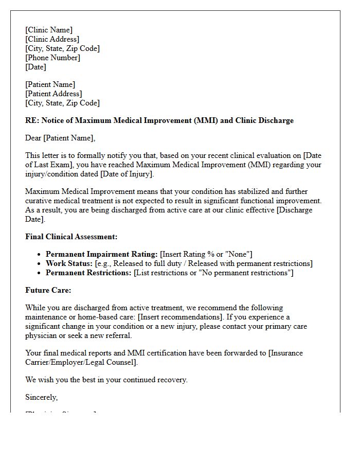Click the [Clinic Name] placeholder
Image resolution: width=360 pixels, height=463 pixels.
point(49,30)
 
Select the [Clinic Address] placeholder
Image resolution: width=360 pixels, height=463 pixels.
point(52,39)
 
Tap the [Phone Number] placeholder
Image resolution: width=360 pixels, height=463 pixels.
point(52,58)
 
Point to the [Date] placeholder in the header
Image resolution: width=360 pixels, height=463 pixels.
point(35,67)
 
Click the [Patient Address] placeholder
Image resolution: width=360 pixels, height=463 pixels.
point(53,94)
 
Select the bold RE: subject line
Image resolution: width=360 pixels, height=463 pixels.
point(159,120)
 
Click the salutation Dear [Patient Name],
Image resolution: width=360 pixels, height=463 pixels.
point(60,138)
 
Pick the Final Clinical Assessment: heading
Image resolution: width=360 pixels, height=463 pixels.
point(71,237)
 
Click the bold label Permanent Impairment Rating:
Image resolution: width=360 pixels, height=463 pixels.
point(102,254)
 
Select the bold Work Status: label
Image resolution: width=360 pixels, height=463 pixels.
point(69,263)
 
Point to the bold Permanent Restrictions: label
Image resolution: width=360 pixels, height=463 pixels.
point(88,273)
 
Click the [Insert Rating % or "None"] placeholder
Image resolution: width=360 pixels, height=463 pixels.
point(206,254)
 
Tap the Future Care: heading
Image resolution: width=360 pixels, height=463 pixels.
point(48,290)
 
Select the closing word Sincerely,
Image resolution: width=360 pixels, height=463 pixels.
point(42,397)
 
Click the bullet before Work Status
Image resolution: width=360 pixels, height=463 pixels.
point(40,264)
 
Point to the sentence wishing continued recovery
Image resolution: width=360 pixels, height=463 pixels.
point(106,380)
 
